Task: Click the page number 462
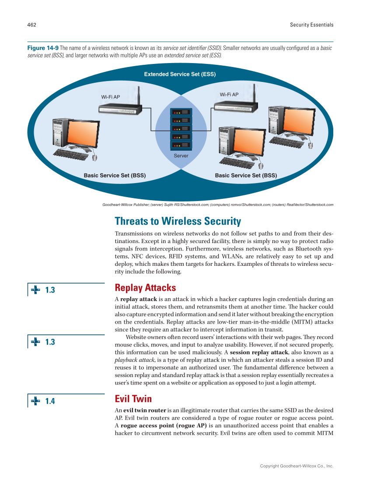[31, 25]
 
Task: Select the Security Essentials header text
[311, 25]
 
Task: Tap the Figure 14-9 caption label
[43, 48]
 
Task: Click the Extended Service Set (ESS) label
[180, 74]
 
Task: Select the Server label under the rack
[181, 156]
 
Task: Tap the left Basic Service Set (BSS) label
[115, 176]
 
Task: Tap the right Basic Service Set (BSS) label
[246, 176]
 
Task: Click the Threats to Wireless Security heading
[178, 221]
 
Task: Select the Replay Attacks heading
[145, 288]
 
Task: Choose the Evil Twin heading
[133, 399]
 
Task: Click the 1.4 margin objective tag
[50, 401]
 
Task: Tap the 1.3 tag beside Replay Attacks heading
[50, 290]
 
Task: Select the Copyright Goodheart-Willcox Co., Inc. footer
[297, 466]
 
